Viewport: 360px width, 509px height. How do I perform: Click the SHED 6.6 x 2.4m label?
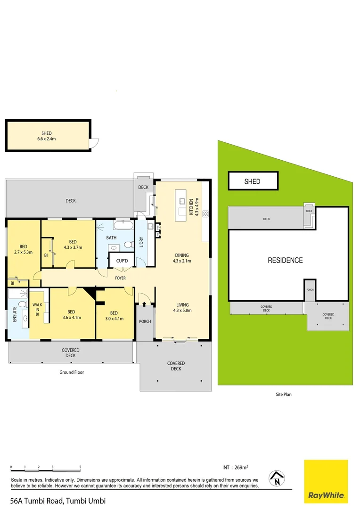pos(46,136)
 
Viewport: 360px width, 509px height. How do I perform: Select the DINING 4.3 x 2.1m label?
pos(182,257)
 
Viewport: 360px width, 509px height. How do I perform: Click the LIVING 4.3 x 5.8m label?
pos(182,307)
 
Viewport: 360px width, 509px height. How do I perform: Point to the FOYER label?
pos(121,278)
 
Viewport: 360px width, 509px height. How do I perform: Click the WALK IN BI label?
pos(37,311)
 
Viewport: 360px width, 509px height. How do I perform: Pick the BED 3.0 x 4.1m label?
pos(114,315)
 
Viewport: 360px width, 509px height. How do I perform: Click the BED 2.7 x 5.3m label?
pos(23,249)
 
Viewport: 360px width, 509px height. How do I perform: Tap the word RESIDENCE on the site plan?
pos(285,260)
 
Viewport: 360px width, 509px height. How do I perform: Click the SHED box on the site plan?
pos(253,181)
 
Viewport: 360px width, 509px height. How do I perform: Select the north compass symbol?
pos(278,479)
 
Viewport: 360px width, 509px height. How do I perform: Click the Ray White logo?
pos(326,481)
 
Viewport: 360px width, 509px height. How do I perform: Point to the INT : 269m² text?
pos(235,468)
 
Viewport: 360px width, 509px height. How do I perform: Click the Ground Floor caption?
pos(72,372)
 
